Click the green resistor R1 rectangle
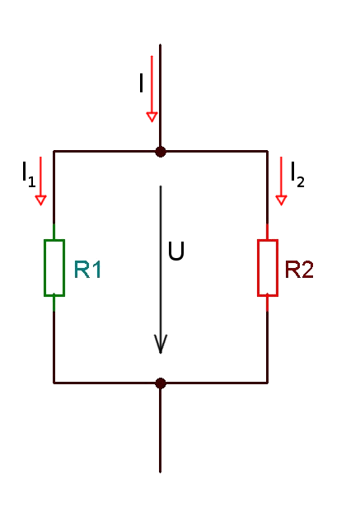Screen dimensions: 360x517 44,268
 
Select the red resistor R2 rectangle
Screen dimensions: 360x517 258,268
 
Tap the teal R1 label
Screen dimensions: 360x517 87,270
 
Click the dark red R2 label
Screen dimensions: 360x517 299,270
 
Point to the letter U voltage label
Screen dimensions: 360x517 176,251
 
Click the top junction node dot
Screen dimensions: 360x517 161,152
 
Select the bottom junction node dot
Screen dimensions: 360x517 161,383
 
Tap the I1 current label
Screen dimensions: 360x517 29,175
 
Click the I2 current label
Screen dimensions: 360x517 297,175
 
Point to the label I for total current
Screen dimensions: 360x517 142,83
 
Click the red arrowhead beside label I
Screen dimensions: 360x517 152,117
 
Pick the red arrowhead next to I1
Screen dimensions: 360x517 41,200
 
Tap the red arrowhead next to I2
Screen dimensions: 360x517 281,200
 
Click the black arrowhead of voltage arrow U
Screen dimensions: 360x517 161,344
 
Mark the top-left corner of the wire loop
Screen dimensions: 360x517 54,152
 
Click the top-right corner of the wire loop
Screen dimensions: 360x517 267,152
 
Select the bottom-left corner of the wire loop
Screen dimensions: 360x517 54,383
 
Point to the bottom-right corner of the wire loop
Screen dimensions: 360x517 267,383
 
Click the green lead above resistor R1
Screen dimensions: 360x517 54,232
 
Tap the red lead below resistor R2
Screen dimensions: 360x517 267,303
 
